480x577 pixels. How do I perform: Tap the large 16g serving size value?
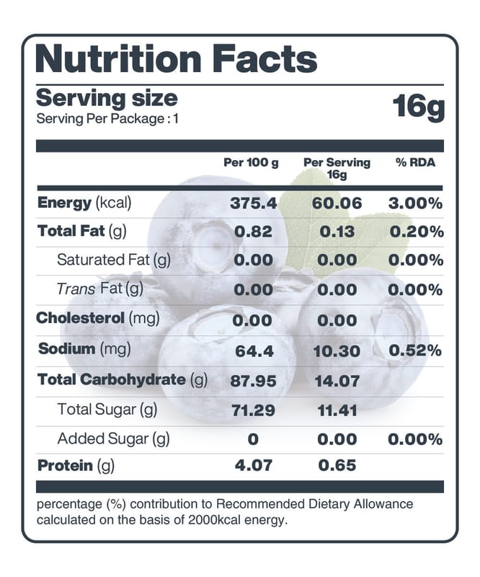419,107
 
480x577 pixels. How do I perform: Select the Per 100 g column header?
251,162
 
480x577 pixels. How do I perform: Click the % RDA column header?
416,162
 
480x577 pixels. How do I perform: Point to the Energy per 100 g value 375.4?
254,203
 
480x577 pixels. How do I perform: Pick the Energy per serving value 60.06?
337,203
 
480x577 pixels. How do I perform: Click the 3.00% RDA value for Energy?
415,203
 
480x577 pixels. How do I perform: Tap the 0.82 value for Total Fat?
254,232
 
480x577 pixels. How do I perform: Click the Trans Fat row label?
100,289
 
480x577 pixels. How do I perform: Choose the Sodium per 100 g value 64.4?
254,351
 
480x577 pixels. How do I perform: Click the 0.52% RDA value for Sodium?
415,351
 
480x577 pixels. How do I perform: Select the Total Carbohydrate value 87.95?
253,381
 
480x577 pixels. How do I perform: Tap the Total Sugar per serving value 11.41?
337,411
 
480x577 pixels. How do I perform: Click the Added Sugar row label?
113,439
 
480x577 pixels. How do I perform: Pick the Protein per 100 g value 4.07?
254,466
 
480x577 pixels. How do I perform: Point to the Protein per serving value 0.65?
337,466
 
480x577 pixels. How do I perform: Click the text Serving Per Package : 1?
107,119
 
